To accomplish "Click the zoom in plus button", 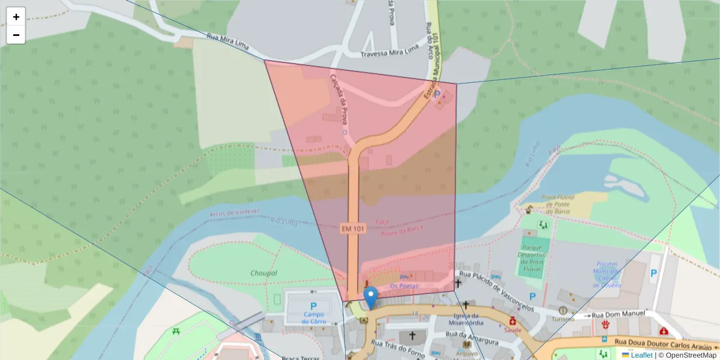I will (x=16, y=17).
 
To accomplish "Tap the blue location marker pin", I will (x=371, y=296).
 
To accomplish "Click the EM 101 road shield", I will (x=353, y=229).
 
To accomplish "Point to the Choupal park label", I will (x=263, y=273).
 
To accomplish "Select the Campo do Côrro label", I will (x=313, y=317).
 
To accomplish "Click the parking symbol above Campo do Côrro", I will (x=313, y=305).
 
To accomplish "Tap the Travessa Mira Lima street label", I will (x=389, y=54).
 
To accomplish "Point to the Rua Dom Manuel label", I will (x=619, y=314).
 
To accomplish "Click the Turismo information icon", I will (x=563, y=310).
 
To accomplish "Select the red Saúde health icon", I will (x=513, y=321).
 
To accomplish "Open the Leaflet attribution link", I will (x=641, y=355).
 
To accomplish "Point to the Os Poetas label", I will (x=404, y=286).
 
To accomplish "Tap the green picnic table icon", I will (x=176, y=331).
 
